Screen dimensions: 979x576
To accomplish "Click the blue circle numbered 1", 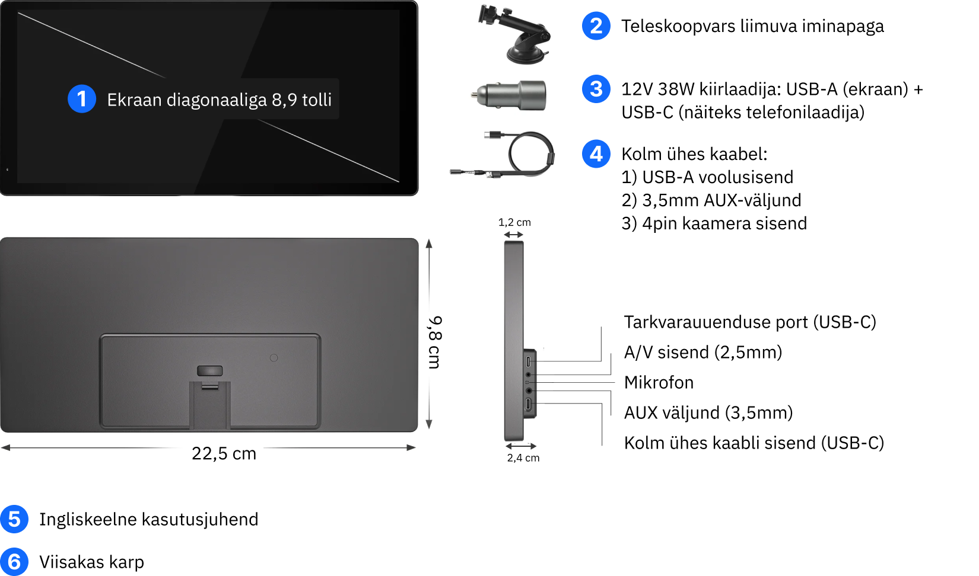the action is [82, 99].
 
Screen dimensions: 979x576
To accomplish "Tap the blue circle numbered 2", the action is [596, 25].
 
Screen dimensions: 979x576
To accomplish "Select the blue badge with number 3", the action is [596, 89].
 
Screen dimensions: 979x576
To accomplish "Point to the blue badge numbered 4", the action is [596, 153].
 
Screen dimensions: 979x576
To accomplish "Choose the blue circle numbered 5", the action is [14, 519].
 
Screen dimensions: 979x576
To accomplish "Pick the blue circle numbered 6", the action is [14, 562].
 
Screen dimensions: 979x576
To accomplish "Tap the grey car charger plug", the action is [508, 95].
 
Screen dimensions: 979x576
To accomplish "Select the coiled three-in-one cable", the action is [503, 154].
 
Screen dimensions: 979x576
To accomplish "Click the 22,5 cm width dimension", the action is [224, 453].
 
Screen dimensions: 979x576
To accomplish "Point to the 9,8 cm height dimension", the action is [435, 343].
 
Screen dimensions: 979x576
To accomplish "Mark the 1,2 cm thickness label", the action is [514, 222].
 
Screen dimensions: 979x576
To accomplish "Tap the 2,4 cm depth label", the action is [523, 457].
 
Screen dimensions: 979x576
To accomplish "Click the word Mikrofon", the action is [659, 382].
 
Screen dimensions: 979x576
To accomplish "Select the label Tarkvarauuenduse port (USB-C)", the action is [750, 322].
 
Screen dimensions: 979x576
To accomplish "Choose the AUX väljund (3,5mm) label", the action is [708, 412].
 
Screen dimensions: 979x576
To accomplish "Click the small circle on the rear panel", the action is [274, 358].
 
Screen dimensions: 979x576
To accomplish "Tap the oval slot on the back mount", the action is [210, 371].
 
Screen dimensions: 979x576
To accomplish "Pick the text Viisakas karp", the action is [91, 562].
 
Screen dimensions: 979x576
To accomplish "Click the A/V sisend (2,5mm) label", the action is [703, 352].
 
